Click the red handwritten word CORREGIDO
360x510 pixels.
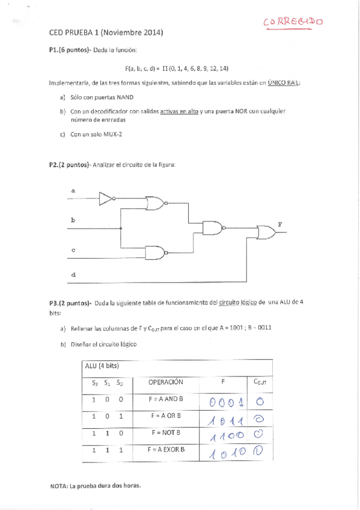[293, 22]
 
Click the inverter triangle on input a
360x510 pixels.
[106, 198]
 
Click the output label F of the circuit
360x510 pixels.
[279, 224]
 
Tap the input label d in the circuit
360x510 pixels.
[73, 275]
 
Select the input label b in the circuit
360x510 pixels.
[73, 221]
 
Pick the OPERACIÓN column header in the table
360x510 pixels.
[165, 382]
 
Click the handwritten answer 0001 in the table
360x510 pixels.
[225, 401]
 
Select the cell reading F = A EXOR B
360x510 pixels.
[166, 449]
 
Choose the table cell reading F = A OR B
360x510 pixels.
[166, 416]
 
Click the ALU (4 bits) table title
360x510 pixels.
[102, 366]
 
